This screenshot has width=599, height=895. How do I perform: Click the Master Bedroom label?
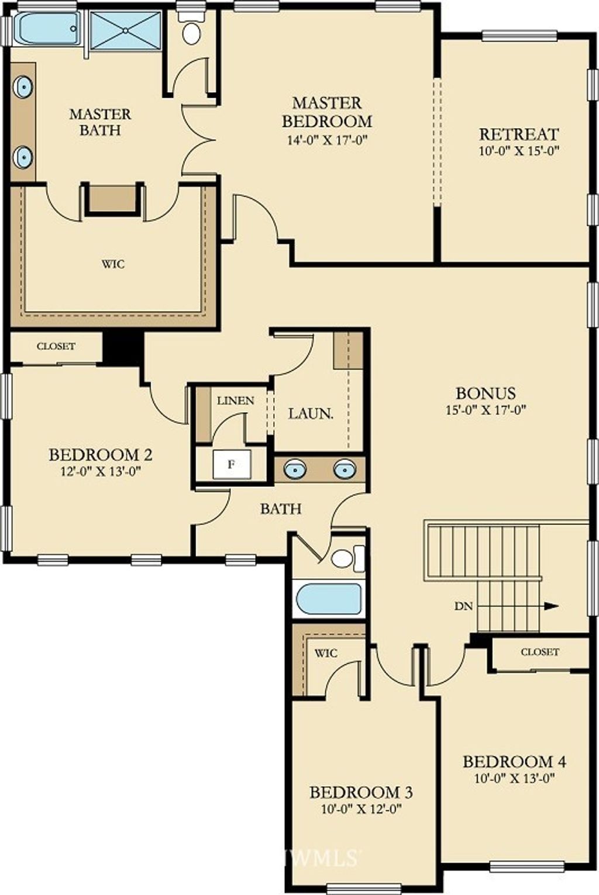pos(327,112)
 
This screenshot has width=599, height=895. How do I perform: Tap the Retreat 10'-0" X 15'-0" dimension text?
pos(519,151)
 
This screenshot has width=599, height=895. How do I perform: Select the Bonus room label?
pos(486,393)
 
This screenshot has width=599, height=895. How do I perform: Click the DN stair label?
pos(463,606)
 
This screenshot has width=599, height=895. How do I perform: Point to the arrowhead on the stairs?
pos(552,606)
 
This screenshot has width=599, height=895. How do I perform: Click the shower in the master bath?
pos(126,30)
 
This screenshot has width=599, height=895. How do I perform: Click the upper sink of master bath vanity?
pos(23,86)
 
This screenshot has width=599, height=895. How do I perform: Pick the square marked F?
pos(232,464)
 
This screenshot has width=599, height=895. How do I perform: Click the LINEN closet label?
pos(236,401)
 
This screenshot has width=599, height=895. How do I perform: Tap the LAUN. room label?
pos(311,414)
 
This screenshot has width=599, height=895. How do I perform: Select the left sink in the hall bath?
pos(295,469)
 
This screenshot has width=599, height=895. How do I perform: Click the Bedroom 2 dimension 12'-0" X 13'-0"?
pos(102,472)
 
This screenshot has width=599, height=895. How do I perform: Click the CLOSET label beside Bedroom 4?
pos(540,652)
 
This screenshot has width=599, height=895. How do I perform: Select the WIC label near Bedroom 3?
pos(326,654)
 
